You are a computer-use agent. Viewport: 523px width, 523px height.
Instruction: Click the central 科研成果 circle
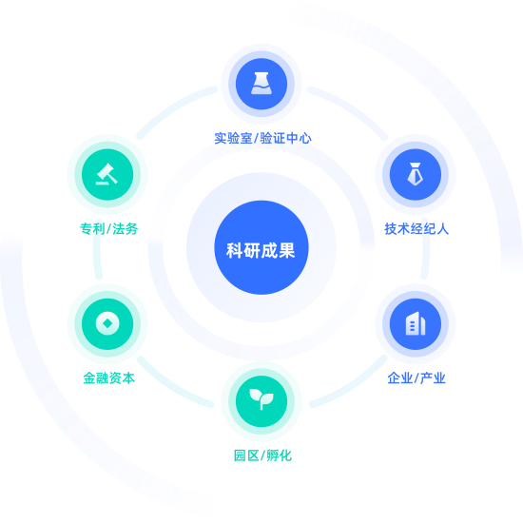point(261,247)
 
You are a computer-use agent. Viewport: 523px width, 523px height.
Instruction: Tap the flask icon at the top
point(261,84)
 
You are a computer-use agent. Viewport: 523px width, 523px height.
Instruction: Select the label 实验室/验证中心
point(262,138)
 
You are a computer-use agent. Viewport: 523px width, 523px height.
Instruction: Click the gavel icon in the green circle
point(107,174)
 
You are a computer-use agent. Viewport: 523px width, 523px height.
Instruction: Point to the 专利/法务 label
point(108,229)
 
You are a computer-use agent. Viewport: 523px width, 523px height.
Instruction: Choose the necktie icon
point(416,174)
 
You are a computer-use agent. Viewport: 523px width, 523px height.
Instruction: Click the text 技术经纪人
point(416,229)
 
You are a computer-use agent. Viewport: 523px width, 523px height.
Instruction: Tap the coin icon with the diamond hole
point(107,323)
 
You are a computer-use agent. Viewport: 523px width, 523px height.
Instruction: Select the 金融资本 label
point(108,378)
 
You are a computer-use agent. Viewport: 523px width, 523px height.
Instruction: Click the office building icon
point(416,323)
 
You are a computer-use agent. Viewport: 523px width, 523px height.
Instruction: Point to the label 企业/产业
point(416,378)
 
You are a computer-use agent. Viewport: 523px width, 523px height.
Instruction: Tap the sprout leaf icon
point(261,398)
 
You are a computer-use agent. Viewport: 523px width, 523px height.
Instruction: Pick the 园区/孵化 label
point(262,455)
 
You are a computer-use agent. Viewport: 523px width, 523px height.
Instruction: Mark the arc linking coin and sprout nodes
point(172,386)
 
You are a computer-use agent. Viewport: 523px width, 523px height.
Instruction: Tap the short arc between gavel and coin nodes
point(97,248)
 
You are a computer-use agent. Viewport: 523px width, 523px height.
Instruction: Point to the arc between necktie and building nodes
point(426,248)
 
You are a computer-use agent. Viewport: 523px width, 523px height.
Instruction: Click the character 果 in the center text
point(287,250)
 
